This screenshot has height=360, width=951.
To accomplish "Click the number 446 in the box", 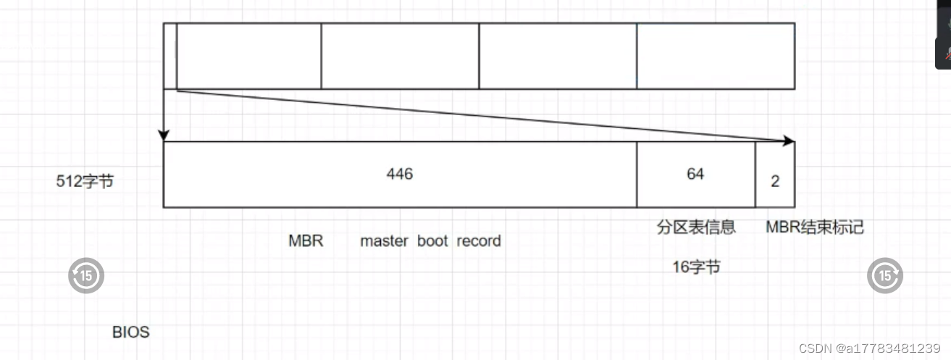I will tap(400, 174).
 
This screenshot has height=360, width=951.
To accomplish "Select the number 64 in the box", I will tap(695, 174).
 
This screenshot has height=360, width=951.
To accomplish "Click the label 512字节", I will tap(85, 182).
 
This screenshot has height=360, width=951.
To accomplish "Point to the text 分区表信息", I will tap(696, 227).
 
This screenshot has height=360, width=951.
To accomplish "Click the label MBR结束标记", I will tap(815, 227).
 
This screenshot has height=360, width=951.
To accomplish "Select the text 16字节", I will tap(696, 267).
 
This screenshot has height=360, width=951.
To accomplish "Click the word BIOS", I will tap(131, 332).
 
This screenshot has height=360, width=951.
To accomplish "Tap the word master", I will tap(384, 240).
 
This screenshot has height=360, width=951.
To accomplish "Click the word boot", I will tap(432, 240).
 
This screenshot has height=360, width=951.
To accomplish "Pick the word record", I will tap(479, 240).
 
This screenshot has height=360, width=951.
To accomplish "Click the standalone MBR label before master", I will tap(306, 240).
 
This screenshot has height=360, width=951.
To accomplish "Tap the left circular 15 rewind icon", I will tap(86, 275).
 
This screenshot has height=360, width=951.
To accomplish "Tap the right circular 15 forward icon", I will tap(885, 275).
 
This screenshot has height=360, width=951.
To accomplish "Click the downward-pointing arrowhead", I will tap(164, 135).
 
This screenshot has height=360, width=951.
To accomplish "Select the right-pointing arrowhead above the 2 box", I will tap(789, 141).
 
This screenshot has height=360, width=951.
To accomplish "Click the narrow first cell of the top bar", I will tap(170, 56).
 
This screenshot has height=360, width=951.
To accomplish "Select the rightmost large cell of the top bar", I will tap(716, 56).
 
